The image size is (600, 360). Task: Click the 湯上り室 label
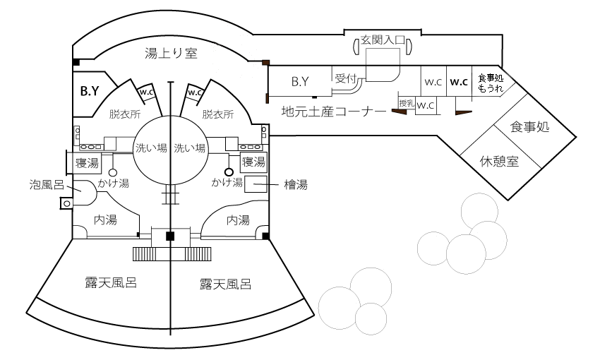(x=170, y=54)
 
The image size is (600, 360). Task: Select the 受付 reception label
(x=346, y=78)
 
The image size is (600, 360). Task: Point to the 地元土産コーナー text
(x=333, y=111)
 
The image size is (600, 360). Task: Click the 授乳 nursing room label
(x=406, y=104)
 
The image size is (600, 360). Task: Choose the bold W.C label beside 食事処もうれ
(x=460, y=81)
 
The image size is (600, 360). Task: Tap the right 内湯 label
(x=237, y=220)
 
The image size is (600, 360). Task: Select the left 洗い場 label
(x=151, y=148)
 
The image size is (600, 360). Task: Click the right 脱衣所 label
(x=217, y=113)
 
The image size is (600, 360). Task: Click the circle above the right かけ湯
(x=228, y=172)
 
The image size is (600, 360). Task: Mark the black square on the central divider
(x=170, y=236)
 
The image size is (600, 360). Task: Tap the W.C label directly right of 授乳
(x=426, y=106)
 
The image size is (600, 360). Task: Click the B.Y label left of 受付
(x=301, y=83)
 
